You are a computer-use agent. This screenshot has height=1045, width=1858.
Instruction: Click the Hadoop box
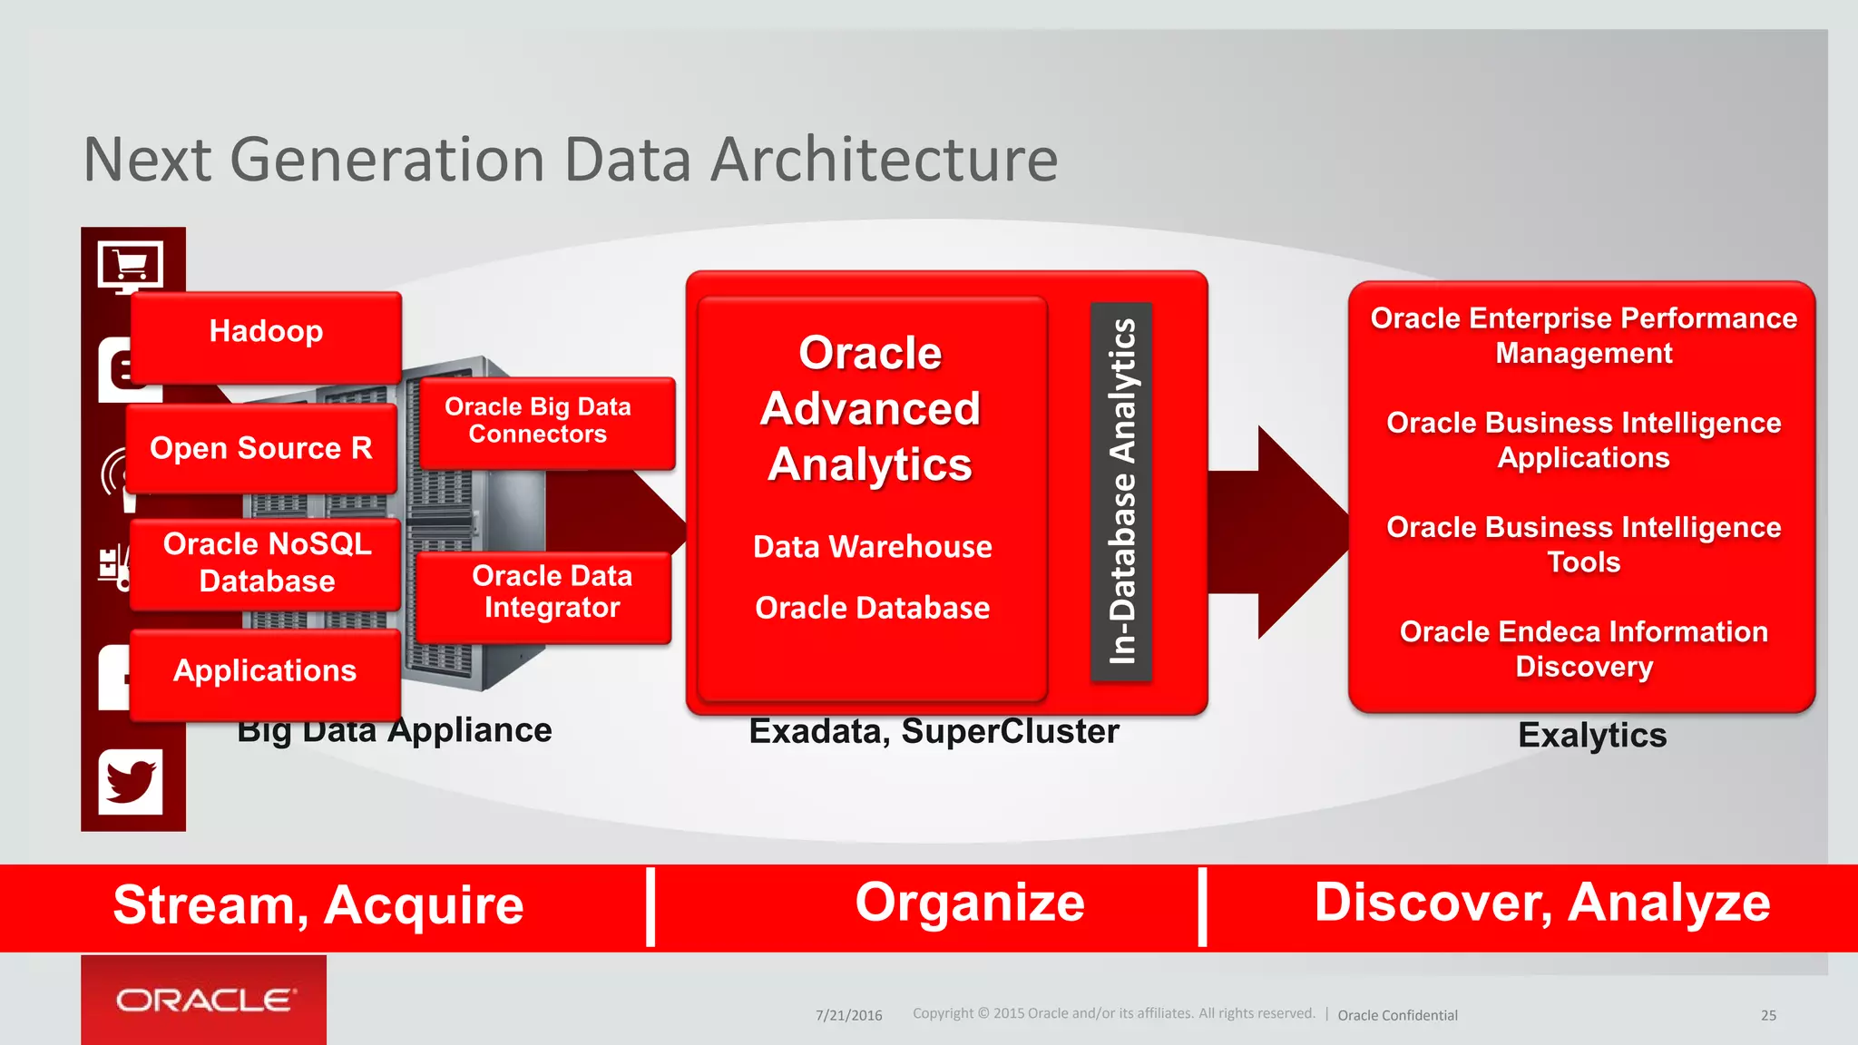click(266, 333)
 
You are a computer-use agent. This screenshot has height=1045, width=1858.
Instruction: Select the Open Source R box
click(261, 448)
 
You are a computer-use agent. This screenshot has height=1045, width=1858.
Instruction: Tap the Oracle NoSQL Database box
click(266, 562)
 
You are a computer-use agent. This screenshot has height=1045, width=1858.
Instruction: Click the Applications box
click(265, 671)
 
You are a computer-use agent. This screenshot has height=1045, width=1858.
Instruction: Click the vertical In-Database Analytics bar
click(1121, 491)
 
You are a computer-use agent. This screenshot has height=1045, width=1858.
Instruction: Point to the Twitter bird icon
click(131, 781)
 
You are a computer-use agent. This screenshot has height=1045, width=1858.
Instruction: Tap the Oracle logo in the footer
click(204, 1000)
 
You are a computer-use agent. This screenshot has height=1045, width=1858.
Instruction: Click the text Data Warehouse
click(872, 547)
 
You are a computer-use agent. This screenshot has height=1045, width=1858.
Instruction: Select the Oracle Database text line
click(872, 608)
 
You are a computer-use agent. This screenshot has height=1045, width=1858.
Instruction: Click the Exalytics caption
click(1592, 735)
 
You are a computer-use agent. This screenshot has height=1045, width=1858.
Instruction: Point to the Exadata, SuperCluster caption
click(934, 731)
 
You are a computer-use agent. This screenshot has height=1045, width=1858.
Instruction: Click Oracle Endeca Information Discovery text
click(1583, 649)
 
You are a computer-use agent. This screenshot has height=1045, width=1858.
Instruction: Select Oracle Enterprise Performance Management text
click(1583, 335)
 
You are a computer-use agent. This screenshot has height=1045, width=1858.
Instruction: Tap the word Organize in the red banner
click(969, 903)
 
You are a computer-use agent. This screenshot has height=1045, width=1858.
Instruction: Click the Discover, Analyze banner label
click(1541, 903)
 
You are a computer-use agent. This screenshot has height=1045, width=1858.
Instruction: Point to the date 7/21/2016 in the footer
click(848, 1015)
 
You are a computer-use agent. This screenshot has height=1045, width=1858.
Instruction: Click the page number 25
click(1768, 1015)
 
